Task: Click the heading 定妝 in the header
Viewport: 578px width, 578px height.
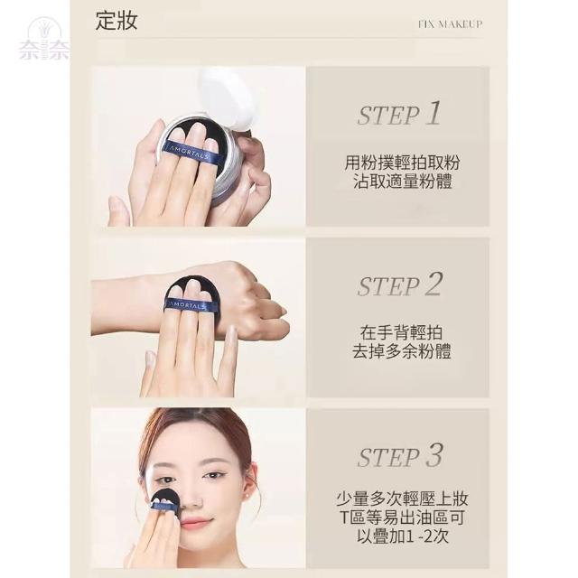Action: coord(117,21)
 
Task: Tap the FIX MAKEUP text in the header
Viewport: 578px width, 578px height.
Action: coord(451,24)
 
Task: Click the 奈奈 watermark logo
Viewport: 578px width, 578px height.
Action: coord(44,40)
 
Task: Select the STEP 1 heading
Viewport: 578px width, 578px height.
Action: coord(399,114)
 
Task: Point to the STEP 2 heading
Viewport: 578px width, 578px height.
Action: coord(399,284)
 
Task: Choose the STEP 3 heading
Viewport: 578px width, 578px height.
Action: coord(399,455)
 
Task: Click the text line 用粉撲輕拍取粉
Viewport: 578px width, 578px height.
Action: coord(402,163)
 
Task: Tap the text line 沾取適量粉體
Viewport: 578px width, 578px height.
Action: coord(402,182)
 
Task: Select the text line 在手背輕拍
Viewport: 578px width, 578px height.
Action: coord(401,333)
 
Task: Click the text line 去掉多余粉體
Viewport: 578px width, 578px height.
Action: coord(401,351)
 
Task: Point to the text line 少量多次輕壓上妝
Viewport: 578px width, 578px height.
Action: coord(402,499)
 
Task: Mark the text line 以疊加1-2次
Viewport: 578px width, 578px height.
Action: coord(403,536)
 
